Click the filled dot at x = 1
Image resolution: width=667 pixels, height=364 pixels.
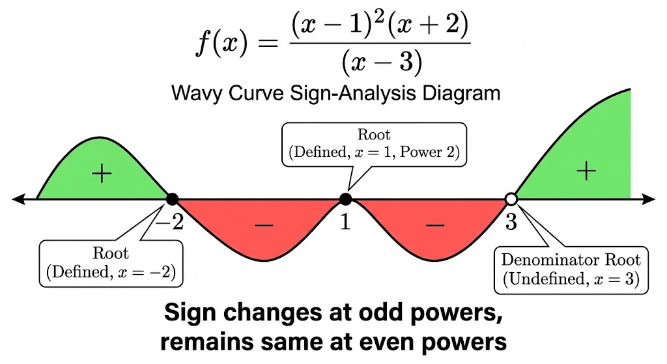346,199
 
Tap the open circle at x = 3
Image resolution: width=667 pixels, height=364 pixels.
511,199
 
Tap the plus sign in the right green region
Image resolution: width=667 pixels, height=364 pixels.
586,171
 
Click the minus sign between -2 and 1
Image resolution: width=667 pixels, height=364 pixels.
264,225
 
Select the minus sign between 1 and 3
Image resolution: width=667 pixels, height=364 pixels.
434,225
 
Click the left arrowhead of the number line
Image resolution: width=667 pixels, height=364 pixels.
18,199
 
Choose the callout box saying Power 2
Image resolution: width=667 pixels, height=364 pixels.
374,145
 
